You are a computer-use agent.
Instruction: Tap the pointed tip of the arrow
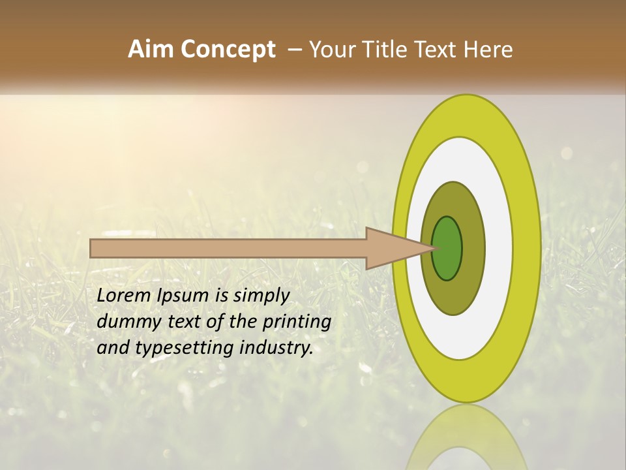click(x=432, y=248)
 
